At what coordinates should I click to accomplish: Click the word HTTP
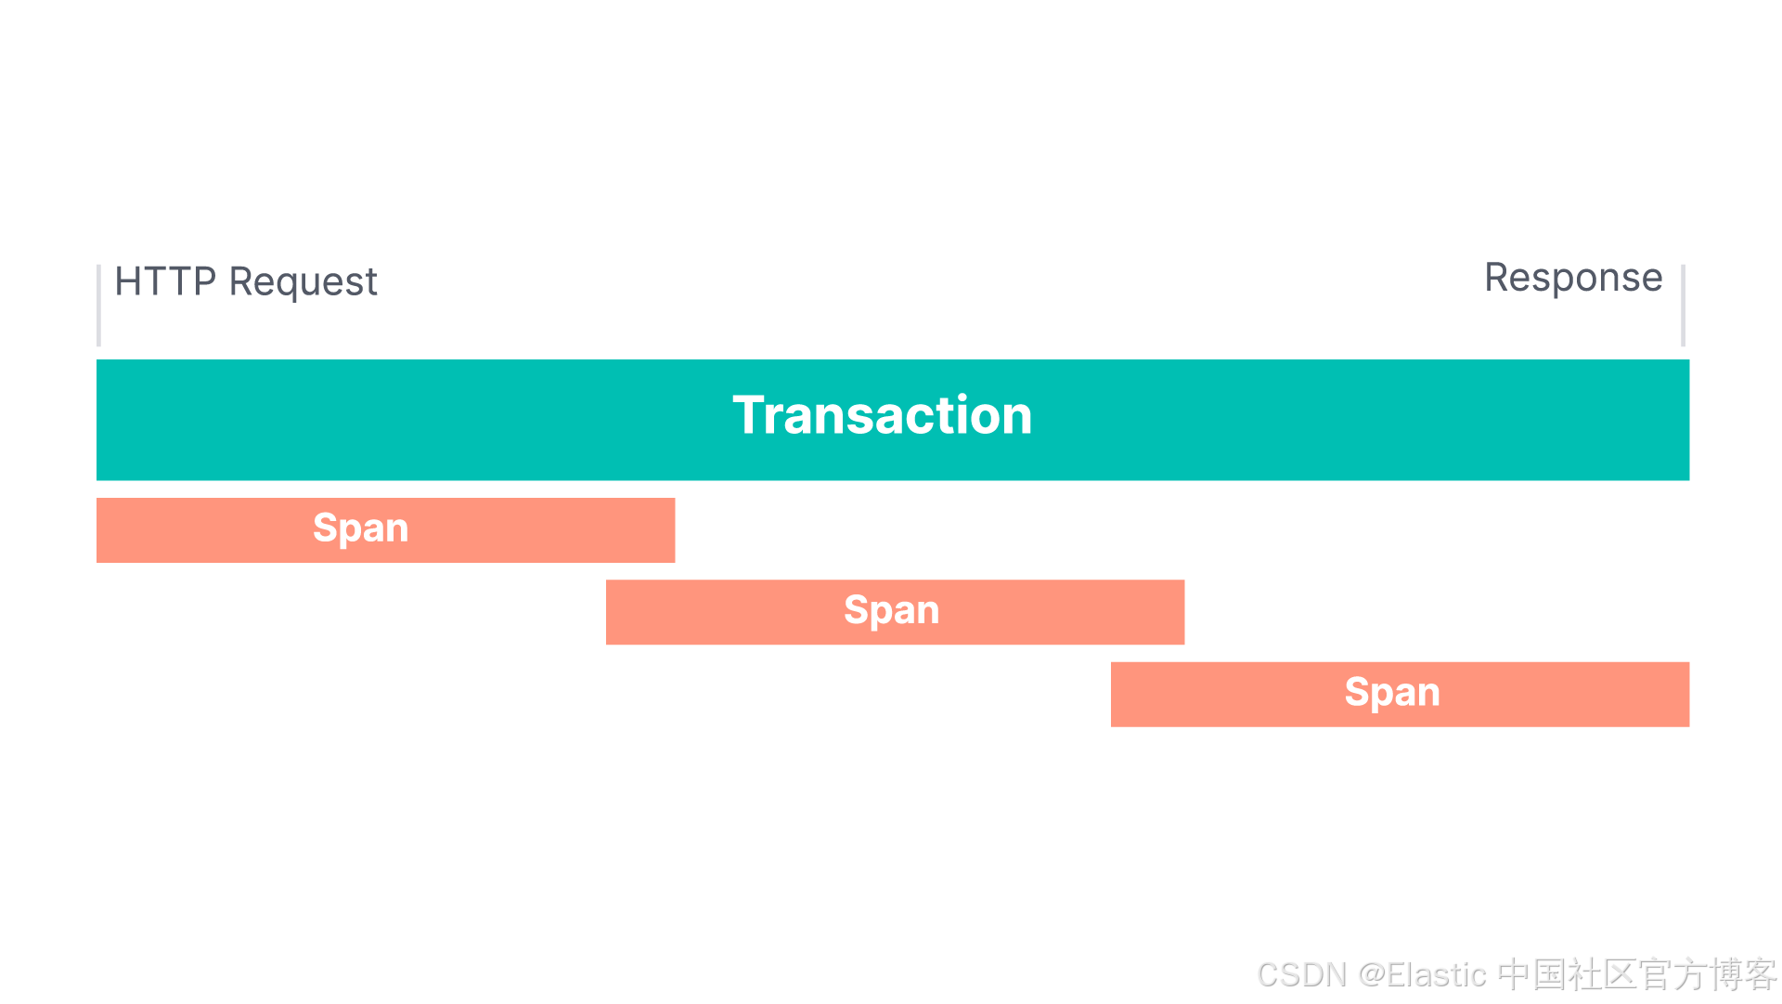(165, 281)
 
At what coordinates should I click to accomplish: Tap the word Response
(1573, 279)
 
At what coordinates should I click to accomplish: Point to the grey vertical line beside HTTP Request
(98, 306)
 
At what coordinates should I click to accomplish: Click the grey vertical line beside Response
(1683, 306)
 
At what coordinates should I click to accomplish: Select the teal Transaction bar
(893, 420)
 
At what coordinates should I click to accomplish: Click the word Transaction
(883, 414)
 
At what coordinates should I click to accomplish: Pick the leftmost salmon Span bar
(385, 530)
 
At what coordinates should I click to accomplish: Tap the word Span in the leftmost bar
(361, 529)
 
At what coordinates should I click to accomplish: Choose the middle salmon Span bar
(895, 612)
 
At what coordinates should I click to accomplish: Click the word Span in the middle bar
(892, 611)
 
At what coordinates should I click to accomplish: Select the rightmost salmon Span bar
(1400, 695)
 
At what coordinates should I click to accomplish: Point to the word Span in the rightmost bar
(1392, 693)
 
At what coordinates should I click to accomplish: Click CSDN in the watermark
(1301, 975)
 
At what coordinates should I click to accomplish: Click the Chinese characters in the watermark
(1637, 975)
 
